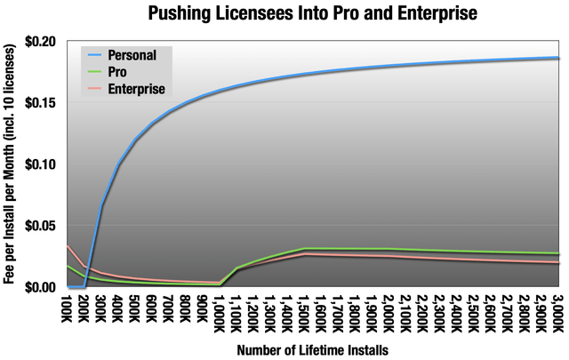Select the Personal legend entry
[133, 55]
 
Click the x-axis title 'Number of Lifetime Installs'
[313, 349]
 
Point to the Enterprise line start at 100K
[68, 246]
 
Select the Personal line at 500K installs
[136, 140]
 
